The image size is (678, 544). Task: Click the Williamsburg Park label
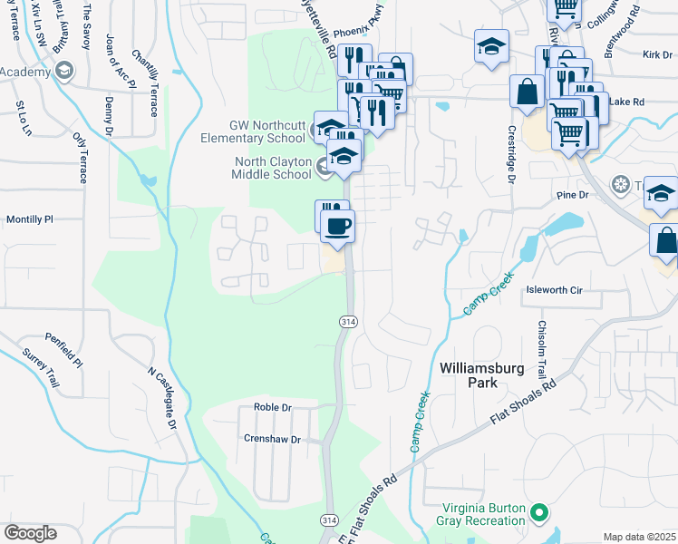tap(468, 375)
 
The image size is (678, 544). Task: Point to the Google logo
tap(30, 533)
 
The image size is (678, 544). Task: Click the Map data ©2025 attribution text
tap(639, 537)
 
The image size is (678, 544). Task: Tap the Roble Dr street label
tap(272, 408)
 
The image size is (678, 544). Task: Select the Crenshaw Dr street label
tap(271, 438)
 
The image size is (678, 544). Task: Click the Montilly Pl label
tap(30, 219)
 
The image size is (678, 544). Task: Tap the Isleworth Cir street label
tap(553, 290)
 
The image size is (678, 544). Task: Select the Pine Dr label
tap(573, 195)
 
